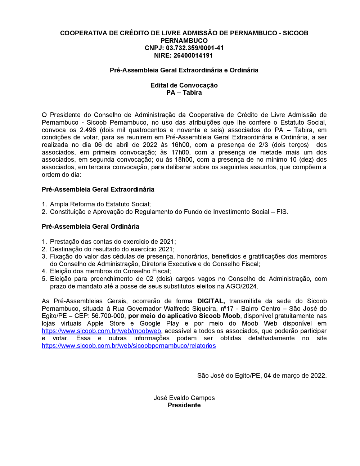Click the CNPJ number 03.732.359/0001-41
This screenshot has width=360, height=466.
[195, 48]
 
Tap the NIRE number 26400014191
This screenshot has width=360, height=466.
[193, 55]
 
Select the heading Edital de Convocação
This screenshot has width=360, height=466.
[184, 85]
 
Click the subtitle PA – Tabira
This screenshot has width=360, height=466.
[184, 93]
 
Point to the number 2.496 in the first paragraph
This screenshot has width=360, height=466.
[88, 130]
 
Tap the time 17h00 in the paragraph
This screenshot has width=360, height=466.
[181, 152]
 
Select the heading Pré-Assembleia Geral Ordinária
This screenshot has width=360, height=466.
[90, 227]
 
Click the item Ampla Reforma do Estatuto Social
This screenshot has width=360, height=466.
[100, 204]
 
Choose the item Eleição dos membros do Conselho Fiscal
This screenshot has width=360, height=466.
[110, 271]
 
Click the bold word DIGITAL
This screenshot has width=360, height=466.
[211, 301]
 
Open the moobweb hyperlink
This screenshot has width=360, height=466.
[101, 331]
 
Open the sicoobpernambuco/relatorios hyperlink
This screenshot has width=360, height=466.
[129, 346]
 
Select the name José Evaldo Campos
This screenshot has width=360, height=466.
[184, 398]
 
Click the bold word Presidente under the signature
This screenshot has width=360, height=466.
[184, 405]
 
